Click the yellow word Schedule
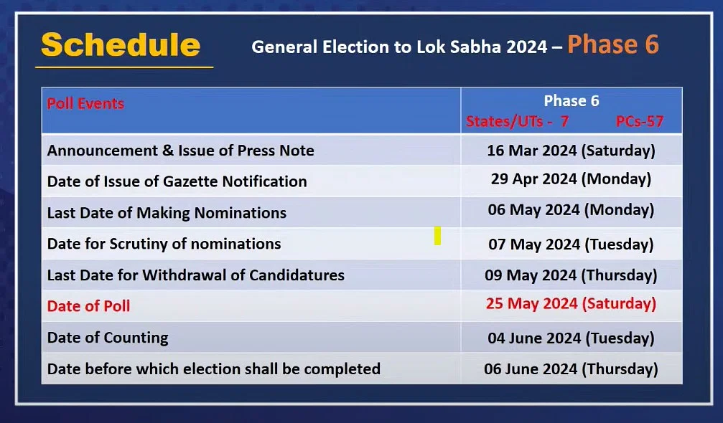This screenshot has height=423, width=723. [x=121, y=45]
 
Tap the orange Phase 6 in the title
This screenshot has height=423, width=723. [x=613, y=44]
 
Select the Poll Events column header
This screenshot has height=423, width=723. [x=85, y=103]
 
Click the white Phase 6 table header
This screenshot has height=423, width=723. [x=572, y=101]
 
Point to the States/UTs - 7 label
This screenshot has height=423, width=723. [x=518, y=121]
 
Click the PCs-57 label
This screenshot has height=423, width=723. [x=640, y=121]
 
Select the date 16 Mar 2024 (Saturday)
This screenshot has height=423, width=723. [x=572, y=151]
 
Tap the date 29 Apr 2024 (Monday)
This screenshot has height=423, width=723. [x=572, y=179]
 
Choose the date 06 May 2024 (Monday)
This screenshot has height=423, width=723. [x=572, y=210]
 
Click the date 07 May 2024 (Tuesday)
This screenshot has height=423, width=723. [x=572, y=244]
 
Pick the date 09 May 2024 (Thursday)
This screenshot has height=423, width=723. [x=572, y=275]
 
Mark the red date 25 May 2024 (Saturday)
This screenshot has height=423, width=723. [x=572, y=304]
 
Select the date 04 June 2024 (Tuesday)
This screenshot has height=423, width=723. [x=572, y=338]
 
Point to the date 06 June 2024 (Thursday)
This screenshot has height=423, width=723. [x=572, y=369]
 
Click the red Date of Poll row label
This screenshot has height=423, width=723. [x=88, y=305]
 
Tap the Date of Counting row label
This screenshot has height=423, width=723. [x=108, y=338]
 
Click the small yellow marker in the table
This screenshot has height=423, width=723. [x=437, y=236]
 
